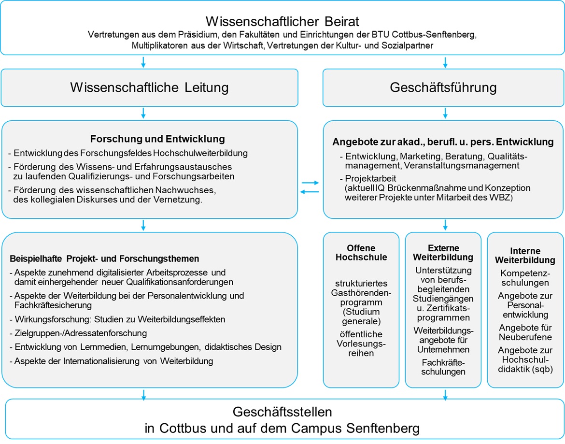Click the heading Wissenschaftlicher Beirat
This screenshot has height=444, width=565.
(x=282, y=21)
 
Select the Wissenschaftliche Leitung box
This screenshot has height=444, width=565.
(x=149, y=87)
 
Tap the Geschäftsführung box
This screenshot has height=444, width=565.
(x=443, y=87)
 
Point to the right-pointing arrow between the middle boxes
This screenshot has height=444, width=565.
(x=310, y=183)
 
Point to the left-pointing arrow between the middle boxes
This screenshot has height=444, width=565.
(x=310, y=192)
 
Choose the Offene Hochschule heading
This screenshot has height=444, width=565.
(x=361, y=253)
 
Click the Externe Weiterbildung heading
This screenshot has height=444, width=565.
(x=443, y=253)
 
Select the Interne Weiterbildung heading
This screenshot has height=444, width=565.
(x=524, y=256)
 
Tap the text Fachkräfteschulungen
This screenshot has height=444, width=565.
(x=443, y=367)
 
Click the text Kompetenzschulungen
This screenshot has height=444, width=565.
(x=524, y=278)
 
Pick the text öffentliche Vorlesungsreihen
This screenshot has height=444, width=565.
(x=361, y=344)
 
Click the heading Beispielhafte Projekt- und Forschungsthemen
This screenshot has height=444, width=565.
(x=104, y=258)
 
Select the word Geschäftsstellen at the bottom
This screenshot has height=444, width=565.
(x=282, y=412)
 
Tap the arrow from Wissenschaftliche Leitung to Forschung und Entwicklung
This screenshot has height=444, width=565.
(x=143, y=114)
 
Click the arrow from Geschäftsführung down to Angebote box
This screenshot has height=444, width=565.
(x=445, y=114)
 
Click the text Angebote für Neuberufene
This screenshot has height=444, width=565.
(x=524, y=332)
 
